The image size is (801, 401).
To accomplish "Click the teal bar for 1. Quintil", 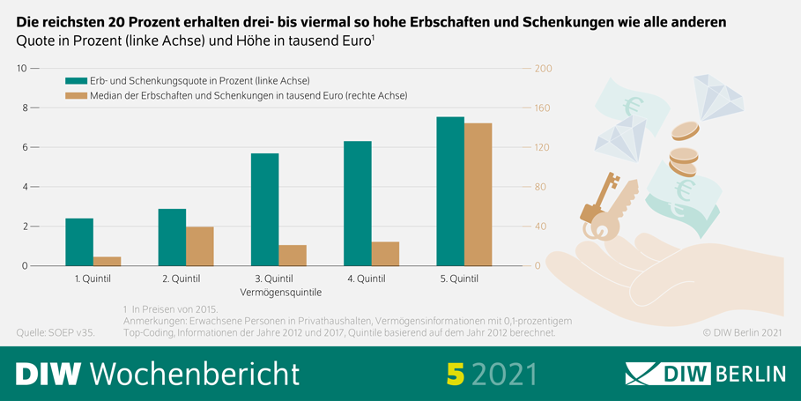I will (x=79, y=242).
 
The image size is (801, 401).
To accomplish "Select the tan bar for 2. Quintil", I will (x=200, y=247).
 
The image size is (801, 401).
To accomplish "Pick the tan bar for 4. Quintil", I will (x=385, y=254).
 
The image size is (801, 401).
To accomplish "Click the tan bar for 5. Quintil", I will (x=478, y=195).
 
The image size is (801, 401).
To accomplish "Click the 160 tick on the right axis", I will (x=543, y=108).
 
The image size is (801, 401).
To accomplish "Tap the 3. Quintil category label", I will (x=274, y=279).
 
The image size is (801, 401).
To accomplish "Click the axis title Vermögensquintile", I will (x=280, y=291).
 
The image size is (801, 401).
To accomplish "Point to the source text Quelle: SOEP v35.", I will (x=56, y=333).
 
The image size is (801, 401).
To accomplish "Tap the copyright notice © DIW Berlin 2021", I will (x=742, y=333).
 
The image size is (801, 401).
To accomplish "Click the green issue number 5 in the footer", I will (x=455, y=373).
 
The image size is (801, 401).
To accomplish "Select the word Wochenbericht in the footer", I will (x=194, y=373).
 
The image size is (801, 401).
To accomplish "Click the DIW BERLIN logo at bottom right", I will (x=705, y=373).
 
